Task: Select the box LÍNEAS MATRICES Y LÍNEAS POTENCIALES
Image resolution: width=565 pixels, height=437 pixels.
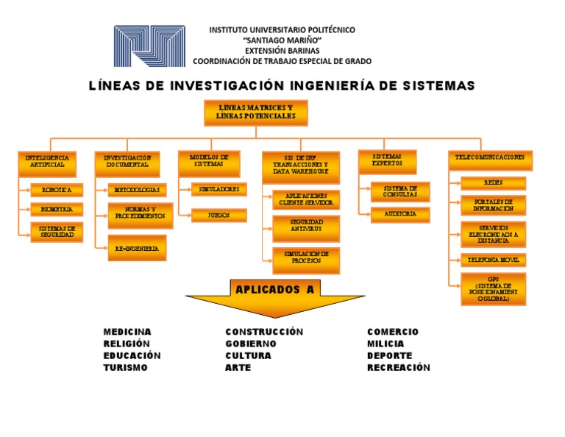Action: pyautogui.click(x=255, y=113)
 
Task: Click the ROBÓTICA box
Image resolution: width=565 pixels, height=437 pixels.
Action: pyautogui.click(x=57, y=190)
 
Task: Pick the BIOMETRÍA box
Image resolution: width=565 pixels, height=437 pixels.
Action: pyautogui.click(x=57, y=210)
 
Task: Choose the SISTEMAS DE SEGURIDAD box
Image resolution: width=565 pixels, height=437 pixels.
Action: pyautogui.click(x=57, y=232)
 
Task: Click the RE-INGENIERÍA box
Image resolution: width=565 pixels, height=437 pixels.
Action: pyautogui.click(x=137, y=249)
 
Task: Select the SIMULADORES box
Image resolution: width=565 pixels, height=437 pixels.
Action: pyautogui.click(x=218, y=189)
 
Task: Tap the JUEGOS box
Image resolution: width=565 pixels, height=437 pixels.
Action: pyautogui.click(x=218, y=216)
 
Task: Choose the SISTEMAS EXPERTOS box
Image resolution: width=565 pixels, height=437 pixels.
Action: pyautogui.click(x=388, y=162)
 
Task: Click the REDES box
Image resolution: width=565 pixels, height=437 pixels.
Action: pyautogui.click(x=493, y=182)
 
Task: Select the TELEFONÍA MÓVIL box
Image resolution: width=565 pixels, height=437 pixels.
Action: pyautogui.click(x=493, y=260)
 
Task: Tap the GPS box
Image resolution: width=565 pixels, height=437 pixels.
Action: pyautogui.click(x=493, y=289)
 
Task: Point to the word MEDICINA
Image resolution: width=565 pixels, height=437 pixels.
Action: pyautogui.click(x=127, y=332)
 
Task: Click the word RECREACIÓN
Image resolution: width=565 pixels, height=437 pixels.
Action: pyautogui.click(x=398, y=368)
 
